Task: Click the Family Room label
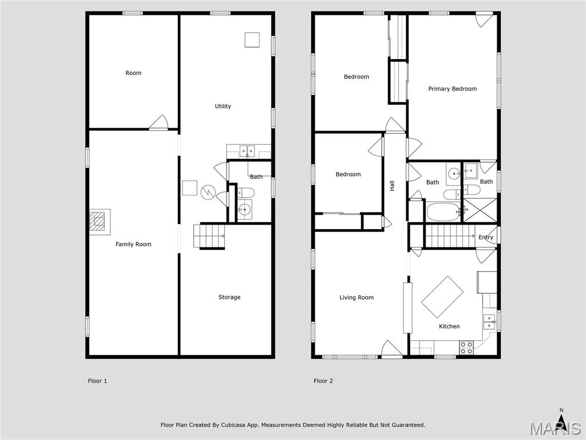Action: (133, 244)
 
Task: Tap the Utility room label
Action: (223, 106)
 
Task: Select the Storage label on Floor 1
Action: (229, 297)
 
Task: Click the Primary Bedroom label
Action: (452, 89)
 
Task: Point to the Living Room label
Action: (356, 297)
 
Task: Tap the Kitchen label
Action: (449, 326)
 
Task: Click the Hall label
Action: (392, 186)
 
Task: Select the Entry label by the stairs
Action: (485, 237)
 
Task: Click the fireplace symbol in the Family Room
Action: (99, 221)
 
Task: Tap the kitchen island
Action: (442, 296)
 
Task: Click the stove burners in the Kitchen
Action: (466, 347)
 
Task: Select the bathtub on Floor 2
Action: (443, 211)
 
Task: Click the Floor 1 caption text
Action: (97, 381)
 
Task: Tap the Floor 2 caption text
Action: (323, 381)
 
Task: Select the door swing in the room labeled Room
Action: (159, 123)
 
